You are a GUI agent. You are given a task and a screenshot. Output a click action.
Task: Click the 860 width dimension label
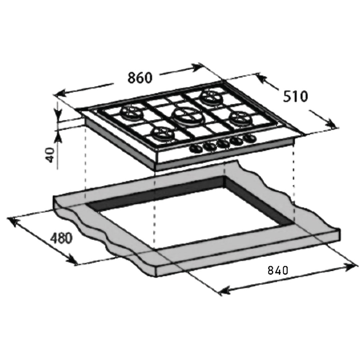pyautogui.click(x=140, y=77)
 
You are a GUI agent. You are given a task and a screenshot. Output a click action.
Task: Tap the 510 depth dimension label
pyautogui.click(x=295, y=97)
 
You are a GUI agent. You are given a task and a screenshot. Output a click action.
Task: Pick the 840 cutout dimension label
pyautogui.click(x=278, y=270)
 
